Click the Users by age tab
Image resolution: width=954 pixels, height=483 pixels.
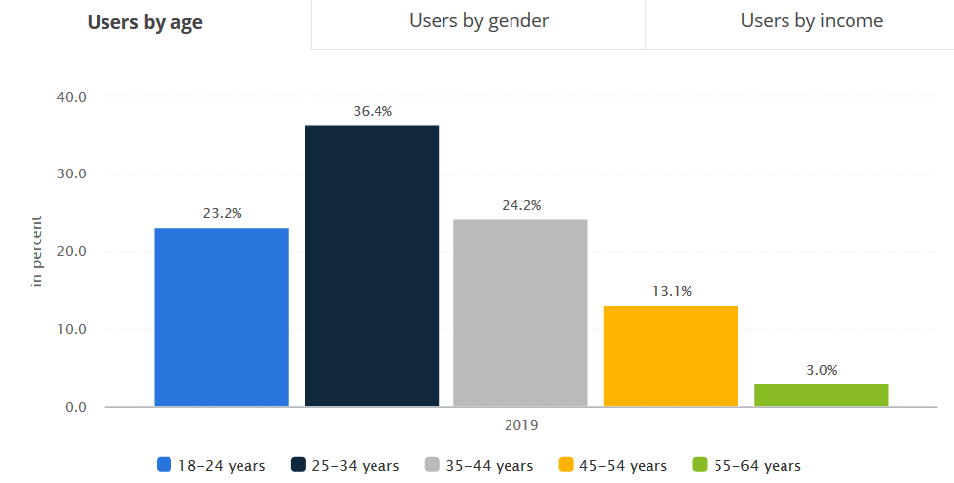click(x=145, y=23)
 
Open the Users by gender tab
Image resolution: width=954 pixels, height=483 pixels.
click(x=479, y=21)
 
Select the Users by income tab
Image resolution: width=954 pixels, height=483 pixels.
click(x=811, y=21)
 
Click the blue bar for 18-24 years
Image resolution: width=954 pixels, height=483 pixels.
click(x=222, y=316)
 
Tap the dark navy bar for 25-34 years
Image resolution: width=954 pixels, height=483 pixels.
click(x=372, y=265)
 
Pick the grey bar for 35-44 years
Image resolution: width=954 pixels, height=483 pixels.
click(x=520, y=312)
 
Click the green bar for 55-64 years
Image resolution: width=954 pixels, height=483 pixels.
click(x=821, y=394)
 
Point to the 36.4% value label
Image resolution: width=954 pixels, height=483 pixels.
click(x=373, y=111)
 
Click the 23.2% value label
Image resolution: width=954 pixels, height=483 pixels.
click(x=222, y=212)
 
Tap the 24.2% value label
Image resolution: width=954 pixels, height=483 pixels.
click(x=521, y=205)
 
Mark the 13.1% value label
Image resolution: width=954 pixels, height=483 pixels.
click(x=671, y=291)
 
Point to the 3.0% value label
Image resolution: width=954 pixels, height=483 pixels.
click(x=821, y=370)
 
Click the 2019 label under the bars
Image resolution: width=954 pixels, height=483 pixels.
click(x=521, y=425)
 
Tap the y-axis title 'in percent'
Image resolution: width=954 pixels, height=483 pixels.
click(x=37, y=251)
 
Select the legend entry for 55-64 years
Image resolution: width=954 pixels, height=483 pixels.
click(x=746, y=465)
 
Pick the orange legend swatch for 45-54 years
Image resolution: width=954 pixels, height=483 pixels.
click(x=566, y=465)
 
